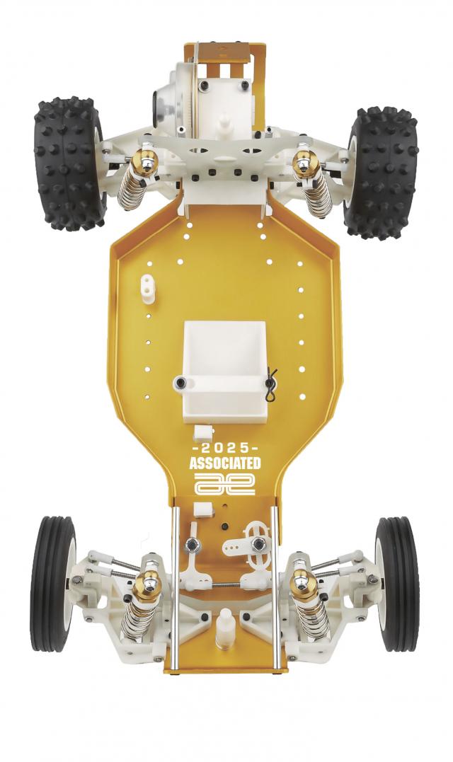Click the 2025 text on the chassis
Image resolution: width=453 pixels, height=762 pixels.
tap(225, 449)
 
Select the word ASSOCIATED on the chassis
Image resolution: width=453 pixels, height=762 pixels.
tap(225, 463)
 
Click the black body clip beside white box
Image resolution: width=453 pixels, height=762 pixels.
tap(272, 385)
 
